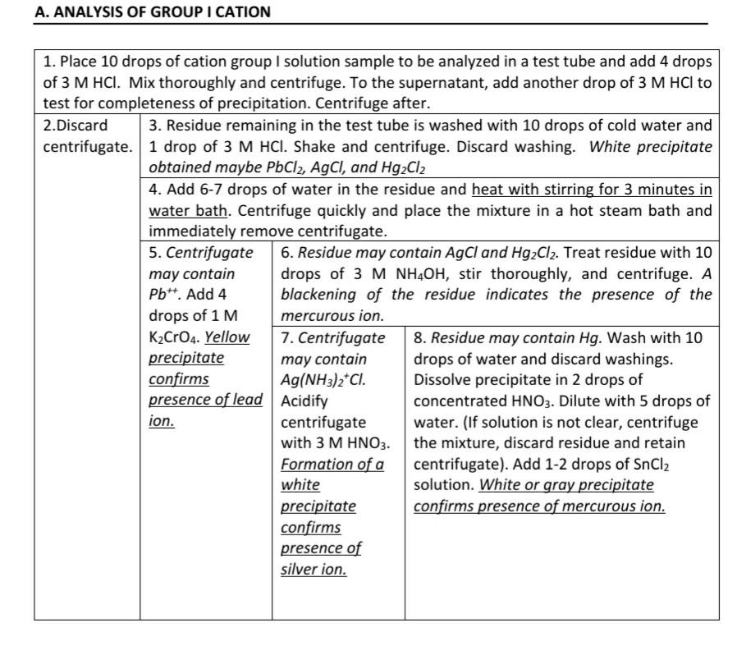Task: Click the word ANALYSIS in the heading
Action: point(82,12)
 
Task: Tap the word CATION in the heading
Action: point(240,12)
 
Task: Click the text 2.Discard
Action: point(76,126)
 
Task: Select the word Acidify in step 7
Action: point(304,401)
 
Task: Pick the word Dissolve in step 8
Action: point(444,380)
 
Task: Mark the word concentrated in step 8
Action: point(462,401)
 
